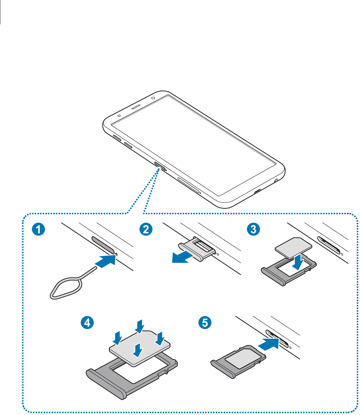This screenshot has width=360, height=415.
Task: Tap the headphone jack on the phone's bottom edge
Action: pyautogui.click(x=276, y=180)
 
